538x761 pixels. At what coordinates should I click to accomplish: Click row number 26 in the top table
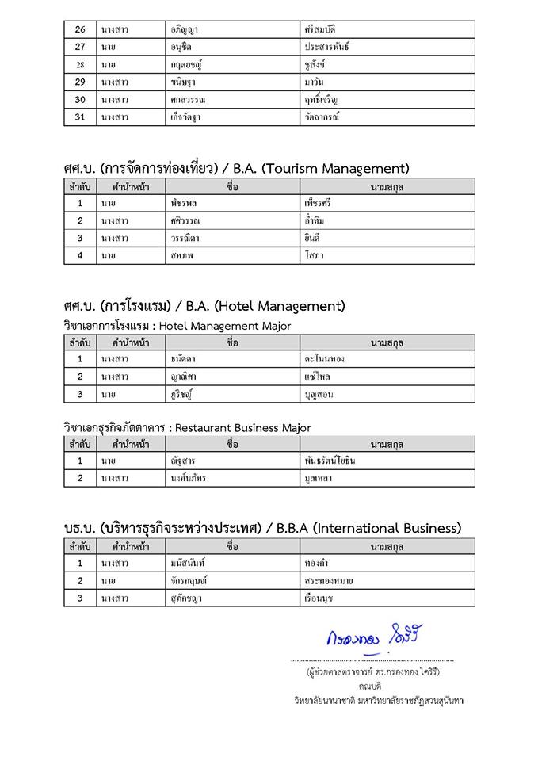79,29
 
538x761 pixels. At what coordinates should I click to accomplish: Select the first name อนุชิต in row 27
181,47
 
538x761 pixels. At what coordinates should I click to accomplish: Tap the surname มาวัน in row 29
314,82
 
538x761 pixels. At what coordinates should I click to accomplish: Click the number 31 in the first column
79,117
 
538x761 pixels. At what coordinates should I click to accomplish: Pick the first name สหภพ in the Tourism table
183,255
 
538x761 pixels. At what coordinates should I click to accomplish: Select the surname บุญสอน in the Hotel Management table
319,394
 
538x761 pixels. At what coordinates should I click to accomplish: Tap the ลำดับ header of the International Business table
79,547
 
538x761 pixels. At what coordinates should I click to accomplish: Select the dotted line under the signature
372,660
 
